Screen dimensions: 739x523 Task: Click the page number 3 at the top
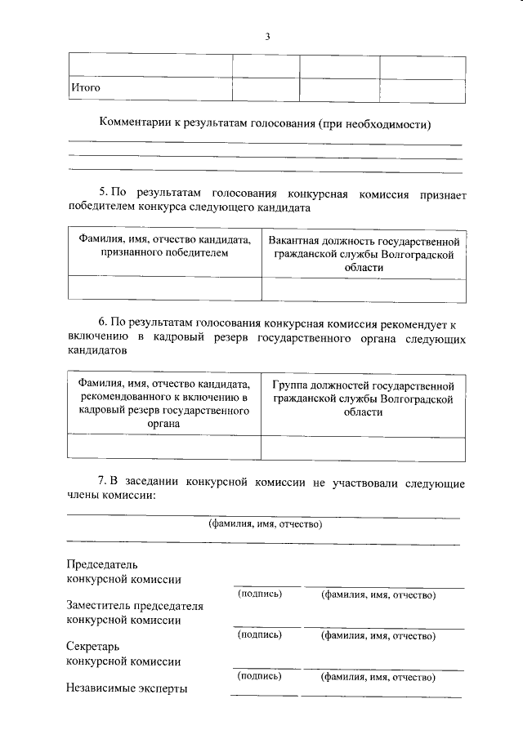266,36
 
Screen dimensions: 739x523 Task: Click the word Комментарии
134,123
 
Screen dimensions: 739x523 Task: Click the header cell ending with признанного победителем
164,247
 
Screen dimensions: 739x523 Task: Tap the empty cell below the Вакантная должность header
364,289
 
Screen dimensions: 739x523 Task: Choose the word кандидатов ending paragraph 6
97,351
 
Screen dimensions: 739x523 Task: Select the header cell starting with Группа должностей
364,398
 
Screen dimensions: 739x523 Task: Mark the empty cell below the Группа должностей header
364,447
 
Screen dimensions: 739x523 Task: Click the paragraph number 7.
103,483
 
